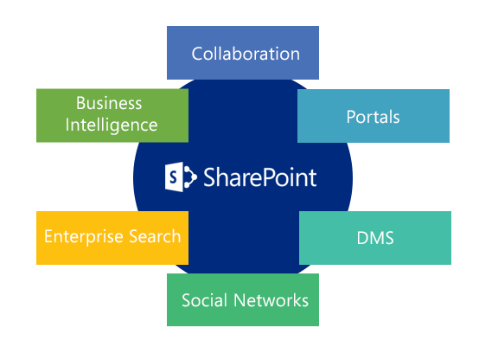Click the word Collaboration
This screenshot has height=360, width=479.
[246, 54]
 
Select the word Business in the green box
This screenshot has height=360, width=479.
[109, 103]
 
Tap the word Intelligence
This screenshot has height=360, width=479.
[112, 125]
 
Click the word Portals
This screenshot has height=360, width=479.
[373, 117]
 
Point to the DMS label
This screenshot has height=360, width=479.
[375, 238]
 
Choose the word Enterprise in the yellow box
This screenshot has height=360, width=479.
[84, 237]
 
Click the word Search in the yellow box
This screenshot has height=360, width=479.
[155, 236]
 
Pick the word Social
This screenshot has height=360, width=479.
[205, 300]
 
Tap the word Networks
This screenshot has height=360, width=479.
[271, 300]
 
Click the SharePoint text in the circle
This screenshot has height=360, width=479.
[260, 177]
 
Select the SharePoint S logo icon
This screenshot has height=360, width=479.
[181, 177]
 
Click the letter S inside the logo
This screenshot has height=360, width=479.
[173, 177]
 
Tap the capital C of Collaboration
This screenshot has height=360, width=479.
[197, 55]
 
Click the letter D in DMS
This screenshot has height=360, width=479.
[362, 238]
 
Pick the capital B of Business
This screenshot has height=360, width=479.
[81, 103]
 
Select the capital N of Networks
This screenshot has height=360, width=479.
[240, 300]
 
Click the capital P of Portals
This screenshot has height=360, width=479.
[351, 117]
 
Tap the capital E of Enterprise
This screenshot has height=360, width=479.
[49, 236]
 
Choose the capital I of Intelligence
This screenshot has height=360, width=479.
[67, 125]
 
